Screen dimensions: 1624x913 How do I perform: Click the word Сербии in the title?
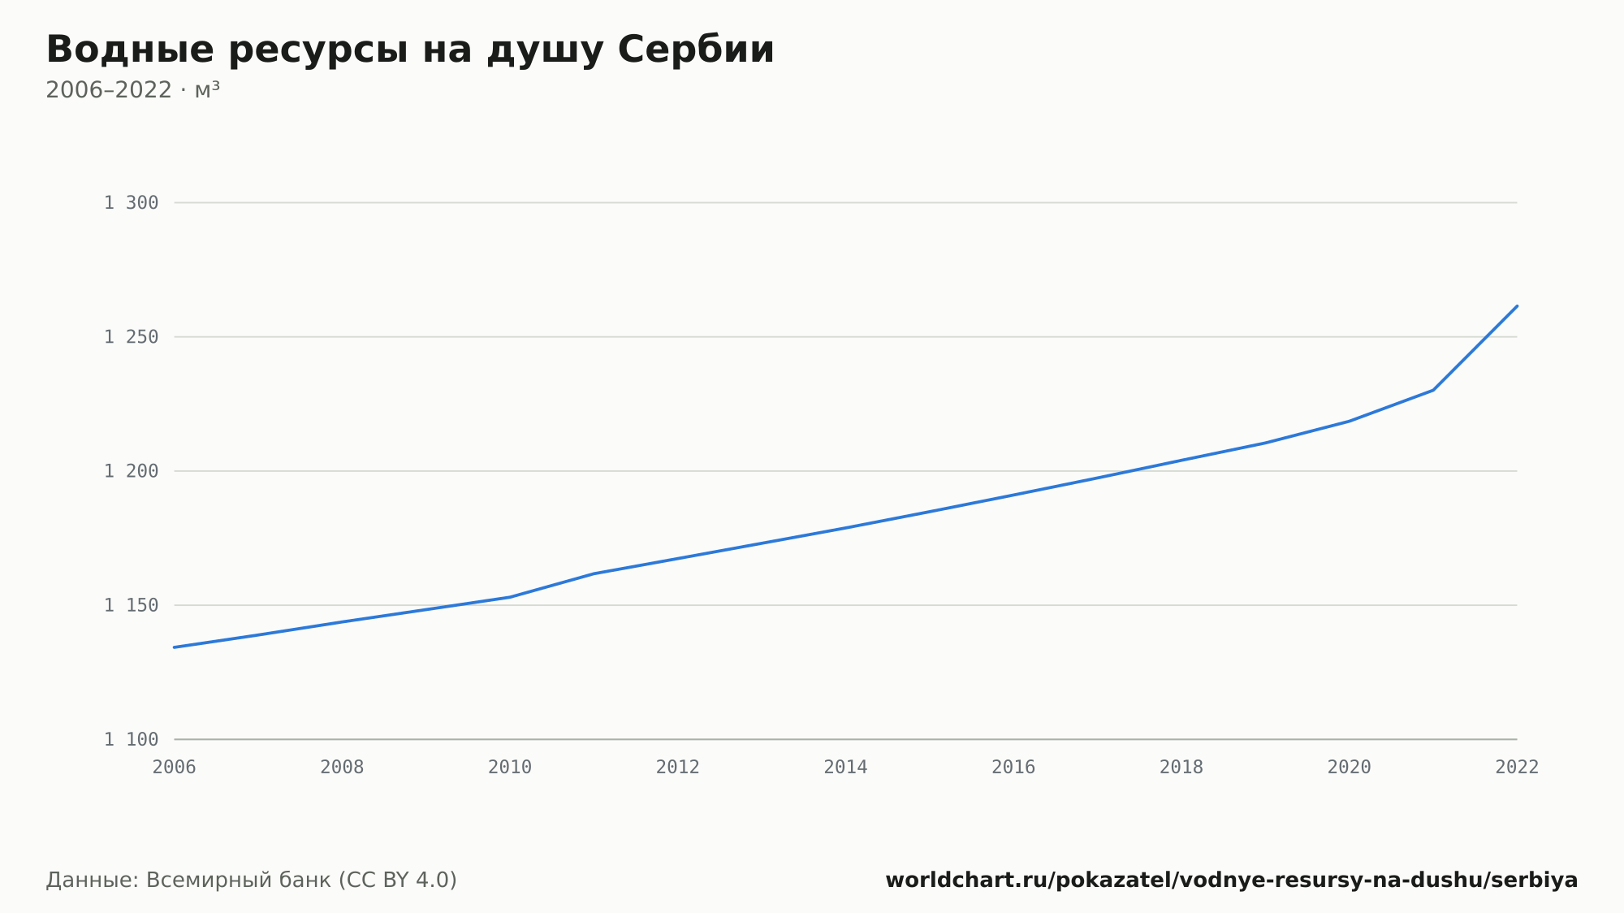pos(696,50)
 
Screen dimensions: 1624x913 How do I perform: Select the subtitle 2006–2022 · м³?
pos(132,89)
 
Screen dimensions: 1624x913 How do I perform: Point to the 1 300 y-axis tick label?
pos(132,203)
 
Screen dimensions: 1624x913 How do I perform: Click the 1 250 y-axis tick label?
pos(132,337)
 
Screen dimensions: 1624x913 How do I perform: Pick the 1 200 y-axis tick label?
pos(132,471)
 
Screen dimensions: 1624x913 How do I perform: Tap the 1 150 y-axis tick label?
pos(132,605)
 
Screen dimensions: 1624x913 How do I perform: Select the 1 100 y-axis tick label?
pos(132,739)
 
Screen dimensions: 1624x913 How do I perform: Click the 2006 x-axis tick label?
pos(175,768)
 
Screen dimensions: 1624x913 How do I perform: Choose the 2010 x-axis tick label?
pos(510,768)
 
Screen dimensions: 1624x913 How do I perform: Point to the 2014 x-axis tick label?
pos(846,768)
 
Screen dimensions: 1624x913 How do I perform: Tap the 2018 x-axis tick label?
pos(1181,768)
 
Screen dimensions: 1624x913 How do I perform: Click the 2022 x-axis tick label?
pos(1517,768)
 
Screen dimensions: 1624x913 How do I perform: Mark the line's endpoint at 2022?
pos(1517,306)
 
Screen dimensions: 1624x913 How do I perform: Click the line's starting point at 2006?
pos(175,647)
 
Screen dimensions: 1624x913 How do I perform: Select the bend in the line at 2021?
pos(1433,390)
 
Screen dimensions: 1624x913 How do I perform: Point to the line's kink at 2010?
pos(510,597)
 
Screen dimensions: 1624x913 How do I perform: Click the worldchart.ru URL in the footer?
pos(1231,881)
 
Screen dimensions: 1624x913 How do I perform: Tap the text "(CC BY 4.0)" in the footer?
pos(397,881)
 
